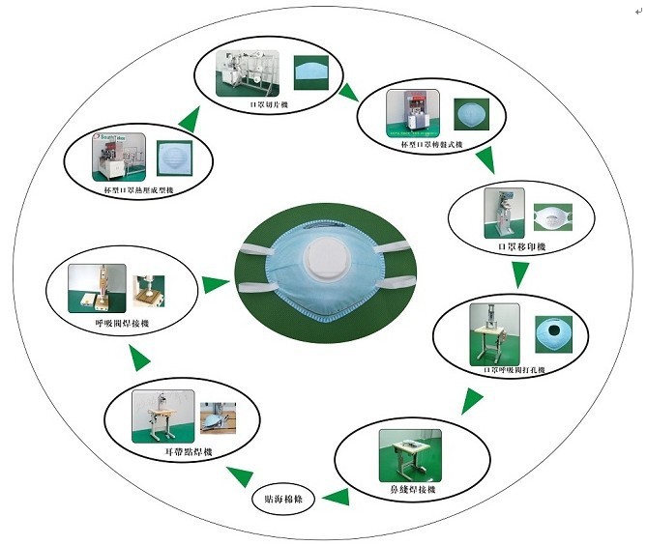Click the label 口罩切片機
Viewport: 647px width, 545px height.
coord(268,103)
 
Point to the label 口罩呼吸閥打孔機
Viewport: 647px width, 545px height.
coord(515,369)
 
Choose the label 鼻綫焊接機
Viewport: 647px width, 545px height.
coord(412,491)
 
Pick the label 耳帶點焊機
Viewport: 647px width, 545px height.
coord(188,452)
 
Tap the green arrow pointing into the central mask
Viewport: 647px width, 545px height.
coord(215,283)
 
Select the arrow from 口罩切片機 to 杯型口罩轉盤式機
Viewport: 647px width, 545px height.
coord(348,93)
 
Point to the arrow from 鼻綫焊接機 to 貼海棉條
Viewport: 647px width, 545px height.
coord(336,499)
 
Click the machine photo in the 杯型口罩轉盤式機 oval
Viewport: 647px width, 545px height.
coord(411,113)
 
